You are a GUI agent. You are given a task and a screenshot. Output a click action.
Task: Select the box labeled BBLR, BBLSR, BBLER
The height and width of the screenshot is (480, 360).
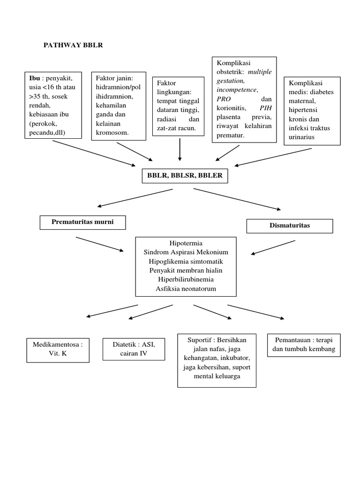click(185, 176)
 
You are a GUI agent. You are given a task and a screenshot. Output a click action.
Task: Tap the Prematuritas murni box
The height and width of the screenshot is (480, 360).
click(82, 222)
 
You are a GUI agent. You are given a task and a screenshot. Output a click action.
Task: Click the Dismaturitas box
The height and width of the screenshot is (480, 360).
click(290, 225)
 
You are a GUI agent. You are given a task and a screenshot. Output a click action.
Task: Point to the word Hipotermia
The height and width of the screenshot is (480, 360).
click(186, 244)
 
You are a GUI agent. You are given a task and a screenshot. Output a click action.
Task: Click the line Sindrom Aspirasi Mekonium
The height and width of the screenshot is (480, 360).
click(186, 253)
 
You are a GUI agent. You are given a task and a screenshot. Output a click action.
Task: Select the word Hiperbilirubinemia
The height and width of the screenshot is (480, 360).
click(186, 279)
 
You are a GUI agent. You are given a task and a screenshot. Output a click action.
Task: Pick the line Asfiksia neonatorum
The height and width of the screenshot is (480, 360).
click(186, 288)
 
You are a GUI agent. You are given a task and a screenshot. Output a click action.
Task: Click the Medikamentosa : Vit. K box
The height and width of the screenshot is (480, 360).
click(58, 349)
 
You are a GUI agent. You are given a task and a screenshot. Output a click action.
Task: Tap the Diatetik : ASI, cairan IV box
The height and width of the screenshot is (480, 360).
click(134, 349)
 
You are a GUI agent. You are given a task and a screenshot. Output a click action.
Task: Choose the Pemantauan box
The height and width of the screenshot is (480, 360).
click(304, 345)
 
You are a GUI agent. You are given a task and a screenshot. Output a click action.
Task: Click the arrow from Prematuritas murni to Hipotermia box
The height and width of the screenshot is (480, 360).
click(99, 244)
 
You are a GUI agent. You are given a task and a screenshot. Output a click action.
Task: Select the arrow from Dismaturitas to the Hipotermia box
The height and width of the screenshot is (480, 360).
click(273, 247)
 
